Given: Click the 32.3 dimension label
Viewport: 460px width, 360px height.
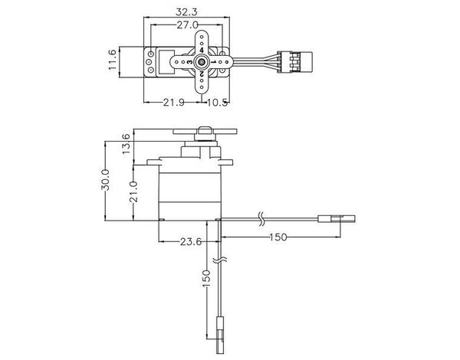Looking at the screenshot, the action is (186, 12).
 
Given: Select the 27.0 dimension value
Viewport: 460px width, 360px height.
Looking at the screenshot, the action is (188, 25).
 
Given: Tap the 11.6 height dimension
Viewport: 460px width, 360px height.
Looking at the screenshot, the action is (113, 60).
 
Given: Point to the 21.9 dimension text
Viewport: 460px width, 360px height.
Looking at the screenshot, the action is (174, 103).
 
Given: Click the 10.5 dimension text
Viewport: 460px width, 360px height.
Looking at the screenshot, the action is (217, 103).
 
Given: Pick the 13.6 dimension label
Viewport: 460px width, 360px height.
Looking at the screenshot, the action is (126, 144).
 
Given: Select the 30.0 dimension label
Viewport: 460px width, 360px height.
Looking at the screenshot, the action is (105, 180).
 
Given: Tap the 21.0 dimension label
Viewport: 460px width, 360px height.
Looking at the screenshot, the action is (133, 191).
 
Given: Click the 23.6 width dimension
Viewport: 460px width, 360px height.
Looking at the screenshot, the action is (191, 242).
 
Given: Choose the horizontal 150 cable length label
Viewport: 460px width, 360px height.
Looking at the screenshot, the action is (278, 237).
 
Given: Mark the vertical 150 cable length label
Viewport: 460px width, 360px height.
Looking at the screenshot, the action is (206, 279).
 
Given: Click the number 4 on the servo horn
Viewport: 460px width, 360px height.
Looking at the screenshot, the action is (202, 50).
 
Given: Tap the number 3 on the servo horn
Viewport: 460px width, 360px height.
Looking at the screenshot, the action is (190, 62).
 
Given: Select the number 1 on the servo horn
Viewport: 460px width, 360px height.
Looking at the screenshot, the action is (214, 62).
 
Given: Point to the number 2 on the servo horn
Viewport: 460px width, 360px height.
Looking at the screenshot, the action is (202, 74).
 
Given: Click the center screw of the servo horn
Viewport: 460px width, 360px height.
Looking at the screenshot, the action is (202, 61).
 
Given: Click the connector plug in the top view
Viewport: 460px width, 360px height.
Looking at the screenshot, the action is (295, 62).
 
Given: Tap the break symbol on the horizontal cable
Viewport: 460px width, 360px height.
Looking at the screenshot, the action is (261, 218).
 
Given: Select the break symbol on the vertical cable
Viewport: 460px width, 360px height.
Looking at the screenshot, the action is (220, 260).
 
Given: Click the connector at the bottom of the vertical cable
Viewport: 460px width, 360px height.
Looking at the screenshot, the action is (220, 335).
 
